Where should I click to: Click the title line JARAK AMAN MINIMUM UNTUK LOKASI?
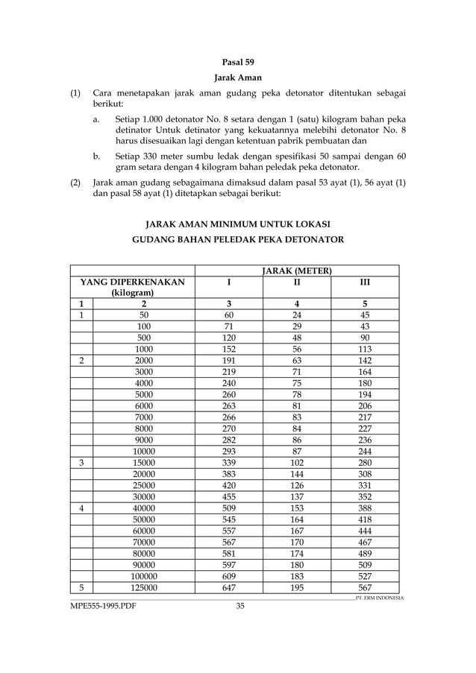pyautogui.click(x=238, y=224)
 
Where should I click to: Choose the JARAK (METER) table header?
pyautogui.click(x=297, y=270)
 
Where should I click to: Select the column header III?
pyautogui.click(x=364, y=282)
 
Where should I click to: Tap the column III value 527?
pyautogui.click(x=364, y=575)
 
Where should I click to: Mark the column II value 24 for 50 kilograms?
pyautogui.click(x=296, y=315)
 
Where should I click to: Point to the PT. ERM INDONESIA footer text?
pyautogui.click(x=380, y=598)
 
